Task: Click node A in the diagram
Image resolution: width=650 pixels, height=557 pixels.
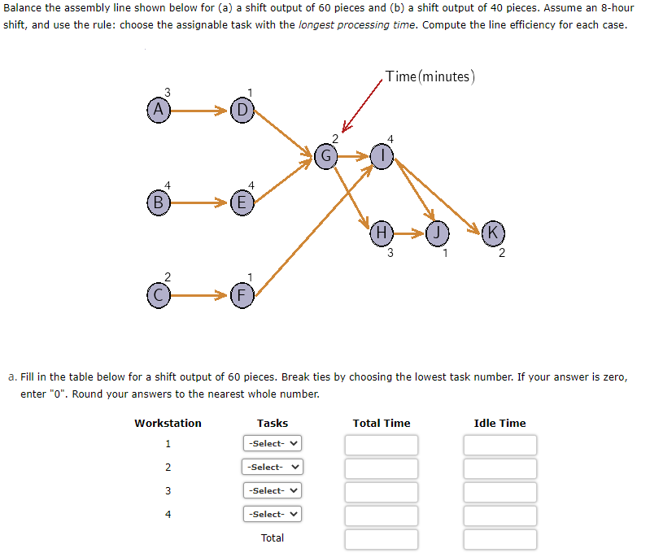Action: point(159,108)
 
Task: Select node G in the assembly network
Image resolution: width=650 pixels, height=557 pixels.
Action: point(325,155)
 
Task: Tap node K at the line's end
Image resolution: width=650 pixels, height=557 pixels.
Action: point(492,232)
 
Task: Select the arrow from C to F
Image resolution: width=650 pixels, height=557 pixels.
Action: point(198,296)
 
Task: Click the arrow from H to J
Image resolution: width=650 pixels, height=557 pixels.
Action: point(409,233)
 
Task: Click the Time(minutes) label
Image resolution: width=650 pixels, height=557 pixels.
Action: point(430,76)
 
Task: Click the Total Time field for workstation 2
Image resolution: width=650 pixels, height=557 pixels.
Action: point(381,468)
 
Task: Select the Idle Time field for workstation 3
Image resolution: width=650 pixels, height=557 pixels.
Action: point(500,491)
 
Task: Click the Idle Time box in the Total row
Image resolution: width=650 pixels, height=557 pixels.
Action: point(500,538)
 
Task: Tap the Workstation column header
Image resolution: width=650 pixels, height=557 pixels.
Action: point(168,423)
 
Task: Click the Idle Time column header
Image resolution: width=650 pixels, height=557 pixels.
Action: point(499,423)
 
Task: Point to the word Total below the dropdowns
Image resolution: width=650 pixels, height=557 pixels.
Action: point(273,538)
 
